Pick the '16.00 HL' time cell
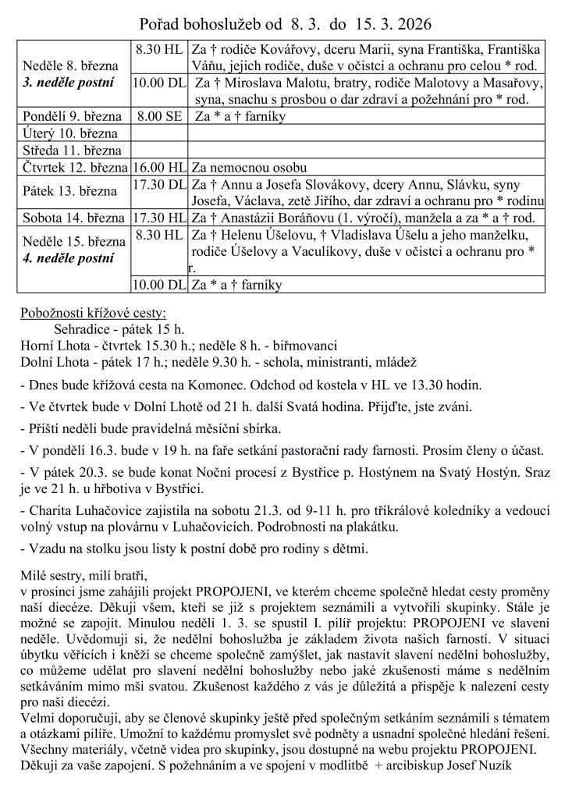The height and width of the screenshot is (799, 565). pos(159,167)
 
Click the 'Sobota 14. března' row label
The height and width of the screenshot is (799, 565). pos(74,218)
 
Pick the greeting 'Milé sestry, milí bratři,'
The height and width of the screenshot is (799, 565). pos(84,577)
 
